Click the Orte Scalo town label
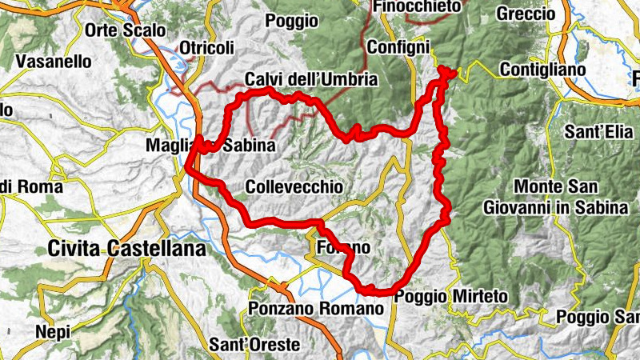click(x=126, y=30)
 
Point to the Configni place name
click(x=398, y=47)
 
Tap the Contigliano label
click(x=542, y=70)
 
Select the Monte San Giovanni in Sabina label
click(x=556, y=196)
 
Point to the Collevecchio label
click(x=295, y=186)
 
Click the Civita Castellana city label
click(x=126, y=250)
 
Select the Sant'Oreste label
click(x=254, y=345)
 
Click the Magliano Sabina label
click(x=210, y=146)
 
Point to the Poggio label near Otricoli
click(x=286, y=20)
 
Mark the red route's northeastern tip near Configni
click(x=448, y=73)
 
